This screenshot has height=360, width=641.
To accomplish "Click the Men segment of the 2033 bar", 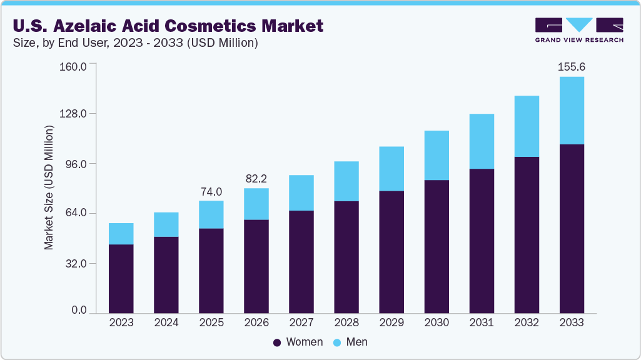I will pyautogui.click(x=572, y=111).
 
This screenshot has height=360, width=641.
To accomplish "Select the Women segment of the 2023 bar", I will pyautogui.click(x=121, y=279).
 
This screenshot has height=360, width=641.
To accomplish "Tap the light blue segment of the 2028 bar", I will pyautogui.click(x=346, y=181).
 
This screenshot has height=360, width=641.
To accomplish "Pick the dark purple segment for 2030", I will pyautogui.click(x=437, y=246).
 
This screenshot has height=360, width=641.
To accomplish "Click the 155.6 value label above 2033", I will pyautogui.click(x=572, y=67).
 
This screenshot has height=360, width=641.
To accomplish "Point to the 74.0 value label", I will pyautogui.click(x=211, y=191).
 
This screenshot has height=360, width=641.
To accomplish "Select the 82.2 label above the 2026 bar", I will pyautogui.click(x=256, y=179).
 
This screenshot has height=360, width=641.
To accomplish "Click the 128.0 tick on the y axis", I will pyautogui.click(x=74, y=114).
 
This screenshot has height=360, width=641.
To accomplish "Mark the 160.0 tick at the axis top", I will pyautogui.click(x=74, y=65).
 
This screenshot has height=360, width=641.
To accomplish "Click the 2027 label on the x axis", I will pyautogui.click(x=301, y=323).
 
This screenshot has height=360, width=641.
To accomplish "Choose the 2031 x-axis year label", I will pyautogui.click(x=482, y=323).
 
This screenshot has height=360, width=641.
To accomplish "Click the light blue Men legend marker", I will pyautogui.click(x=337, y=342).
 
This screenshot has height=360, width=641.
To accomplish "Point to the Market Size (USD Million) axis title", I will pyautogui.click(x=49, y=187).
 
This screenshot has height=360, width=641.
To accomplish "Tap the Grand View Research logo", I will pyautogui.click(x=578, y=29).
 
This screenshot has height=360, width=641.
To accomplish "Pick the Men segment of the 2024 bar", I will pyautogui.click(x=166, y=224).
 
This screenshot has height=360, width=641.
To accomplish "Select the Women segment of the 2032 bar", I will pyautogui.click(x=527, y=234).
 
